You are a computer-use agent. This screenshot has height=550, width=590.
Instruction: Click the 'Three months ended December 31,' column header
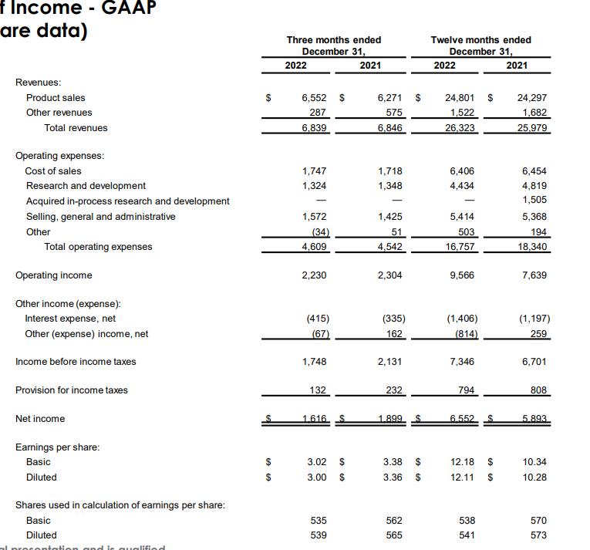[333, 46]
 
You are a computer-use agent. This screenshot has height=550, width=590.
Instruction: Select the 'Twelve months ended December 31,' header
[480, 46]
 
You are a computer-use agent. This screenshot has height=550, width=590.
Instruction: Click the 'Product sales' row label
[56, 98]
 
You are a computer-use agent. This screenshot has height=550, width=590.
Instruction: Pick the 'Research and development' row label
[86, 186]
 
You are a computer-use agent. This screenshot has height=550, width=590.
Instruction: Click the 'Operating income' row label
[53, 275]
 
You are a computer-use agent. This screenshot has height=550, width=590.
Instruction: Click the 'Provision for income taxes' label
[72, 390]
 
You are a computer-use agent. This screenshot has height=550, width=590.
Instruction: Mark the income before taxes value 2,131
[390, 362]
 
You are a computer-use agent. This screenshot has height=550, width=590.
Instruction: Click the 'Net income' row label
[40, 419]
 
